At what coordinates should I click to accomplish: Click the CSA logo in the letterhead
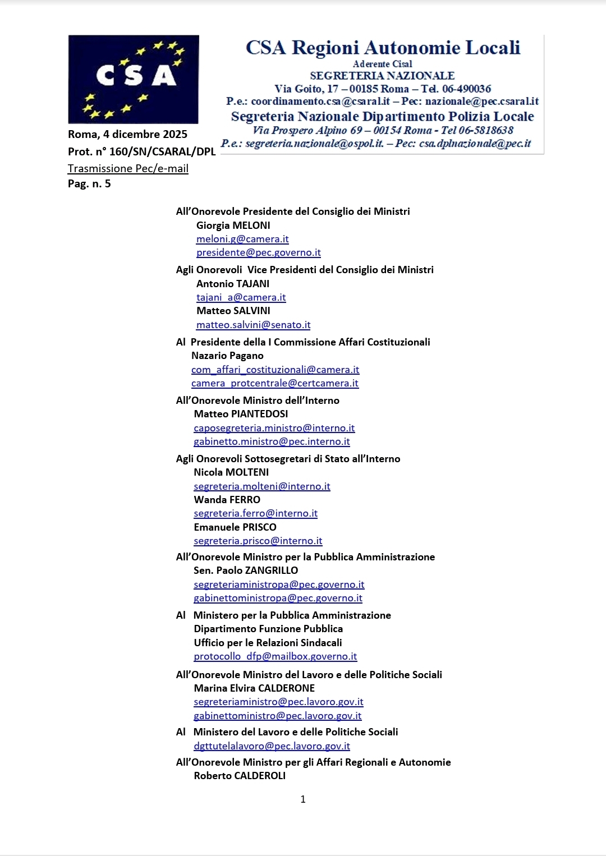tap(134, 79)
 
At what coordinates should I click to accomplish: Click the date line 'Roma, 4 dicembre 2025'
tap(127, 134)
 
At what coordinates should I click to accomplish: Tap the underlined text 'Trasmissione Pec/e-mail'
tap(128, 168)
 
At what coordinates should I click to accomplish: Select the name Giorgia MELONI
tap(233, 225)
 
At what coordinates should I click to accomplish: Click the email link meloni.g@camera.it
tap(242, 239)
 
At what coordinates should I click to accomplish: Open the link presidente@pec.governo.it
tap(258, 252)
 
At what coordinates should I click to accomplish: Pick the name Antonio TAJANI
tap(232, 284)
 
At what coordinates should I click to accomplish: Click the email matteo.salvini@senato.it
tap(253, 325)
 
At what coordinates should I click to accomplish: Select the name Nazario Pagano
tap(227, 356)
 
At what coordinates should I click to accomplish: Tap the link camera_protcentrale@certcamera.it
tap(274, 383)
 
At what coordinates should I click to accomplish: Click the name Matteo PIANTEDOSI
tap(241, 414)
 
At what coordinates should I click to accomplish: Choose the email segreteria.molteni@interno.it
tap(261, 486)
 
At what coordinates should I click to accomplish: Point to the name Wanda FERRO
tap(227, 500)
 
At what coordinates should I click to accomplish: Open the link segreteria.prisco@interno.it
tap(258, 541)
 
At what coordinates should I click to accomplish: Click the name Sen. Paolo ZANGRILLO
tap(246, 570)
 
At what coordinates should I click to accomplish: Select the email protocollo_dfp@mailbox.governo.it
tap(275, 656)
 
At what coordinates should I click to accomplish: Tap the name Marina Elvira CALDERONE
tap(254, 688)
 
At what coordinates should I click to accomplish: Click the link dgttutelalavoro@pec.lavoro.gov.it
tap(272, 746)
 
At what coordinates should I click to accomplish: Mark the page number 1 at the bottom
tap(303, 799)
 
